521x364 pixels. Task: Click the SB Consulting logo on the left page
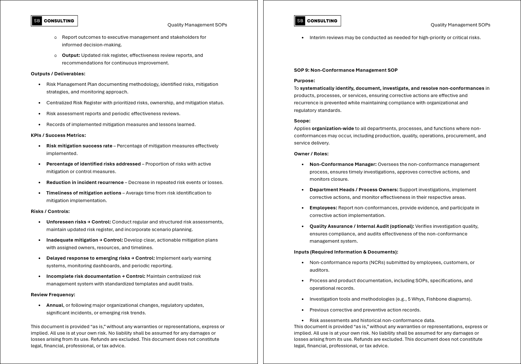(x=54, y=21)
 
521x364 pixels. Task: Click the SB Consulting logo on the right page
(x=318, y=21)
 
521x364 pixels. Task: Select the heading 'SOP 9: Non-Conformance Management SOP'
(x=346, y=70)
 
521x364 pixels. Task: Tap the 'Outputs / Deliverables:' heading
(x=58, y=74)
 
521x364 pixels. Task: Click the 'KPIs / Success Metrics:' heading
(x=58, y=135)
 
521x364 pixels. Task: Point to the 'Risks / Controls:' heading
(x=50, y=212)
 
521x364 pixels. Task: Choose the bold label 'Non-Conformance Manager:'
(x=343, y=164)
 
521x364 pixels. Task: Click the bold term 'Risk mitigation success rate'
(x=79, y=146)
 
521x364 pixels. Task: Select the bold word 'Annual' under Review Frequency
(x=55, y=305)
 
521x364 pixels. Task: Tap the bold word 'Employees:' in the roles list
(x=323, y=208)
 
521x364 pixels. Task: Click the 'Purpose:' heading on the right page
(x=304, y=81)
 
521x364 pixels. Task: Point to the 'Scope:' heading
(x=302, y=121)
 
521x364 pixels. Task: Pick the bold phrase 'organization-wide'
(x=332, y=129)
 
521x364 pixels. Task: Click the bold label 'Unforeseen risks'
(x=66, y=222)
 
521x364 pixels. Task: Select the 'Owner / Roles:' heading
(x=311, y=154)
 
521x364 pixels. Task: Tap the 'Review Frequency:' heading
(x=53, y=295)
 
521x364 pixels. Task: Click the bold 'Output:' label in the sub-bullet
(x=71, y=55)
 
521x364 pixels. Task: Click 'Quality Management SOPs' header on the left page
(x=197, y=25)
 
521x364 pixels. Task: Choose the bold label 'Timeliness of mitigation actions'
(x=84, y=193)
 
